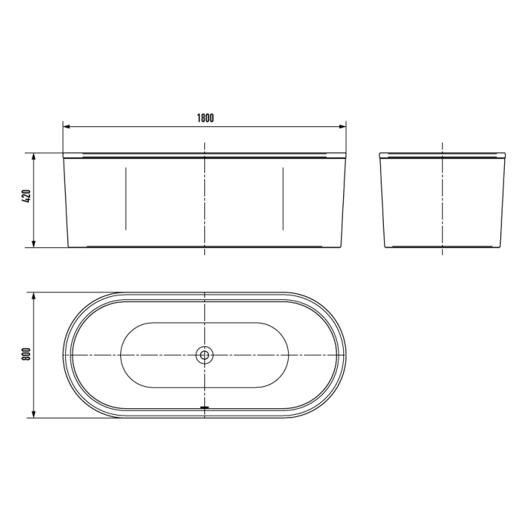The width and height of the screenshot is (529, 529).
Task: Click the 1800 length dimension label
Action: tap(205, 117)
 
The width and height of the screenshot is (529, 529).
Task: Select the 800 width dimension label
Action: tap(26, 354)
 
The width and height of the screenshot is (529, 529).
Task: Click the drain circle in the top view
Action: tap(205, 354)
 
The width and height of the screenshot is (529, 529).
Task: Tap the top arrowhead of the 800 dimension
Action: tap(35, 295)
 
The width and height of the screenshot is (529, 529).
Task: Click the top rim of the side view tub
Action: tap(442, 155)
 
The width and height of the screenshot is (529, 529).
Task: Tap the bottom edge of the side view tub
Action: tap(442, 246)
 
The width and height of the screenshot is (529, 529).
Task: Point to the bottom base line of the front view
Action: tap(151, 246)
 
